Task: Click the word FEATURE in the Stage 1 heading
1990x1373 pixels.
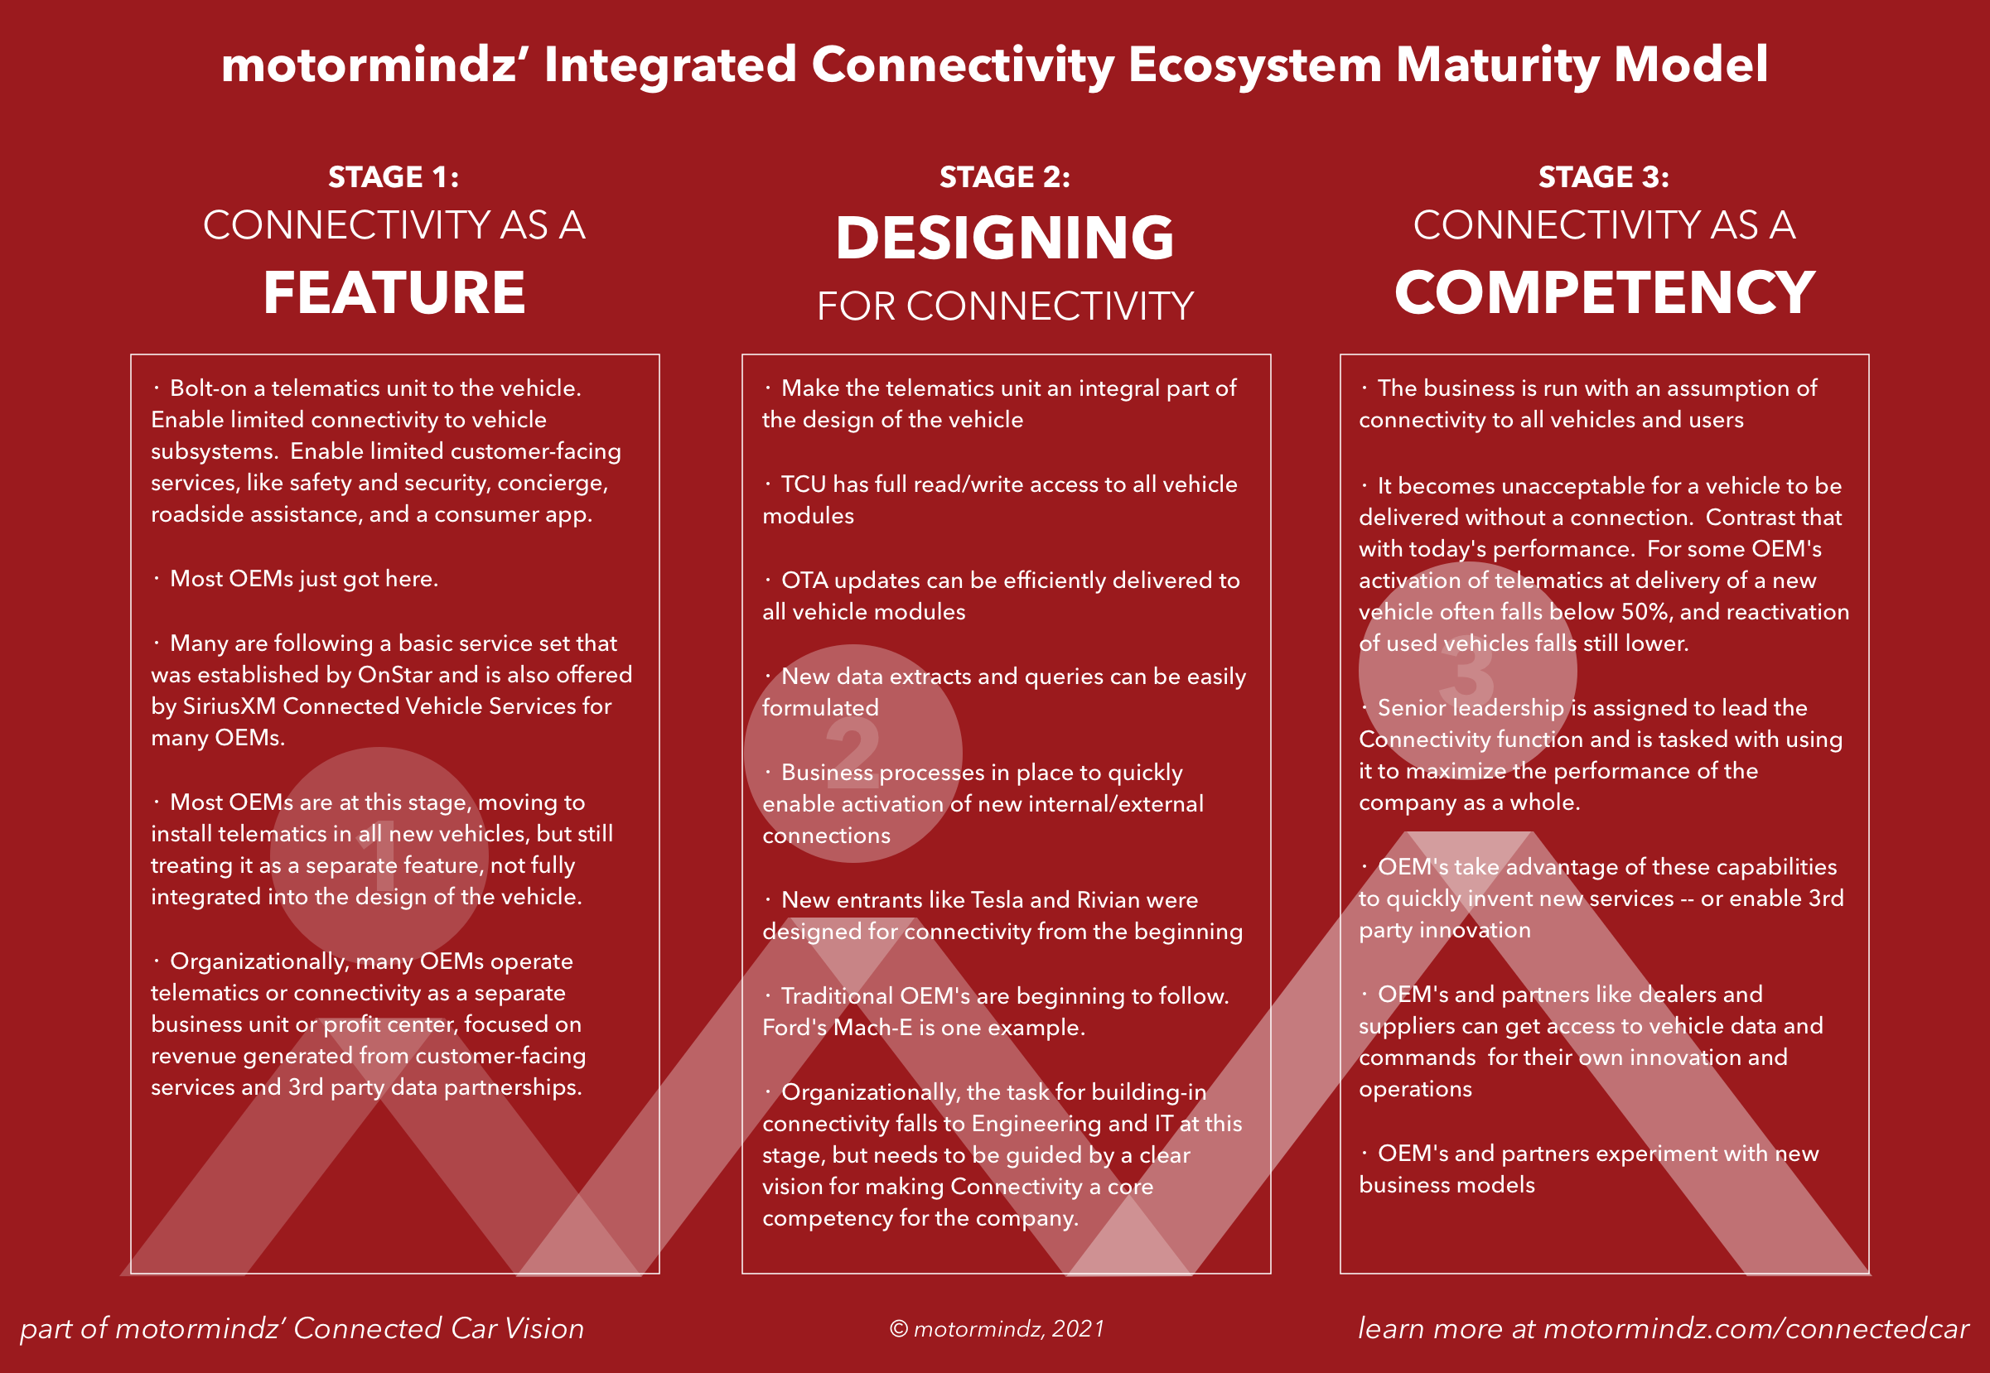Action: tap(394, 292)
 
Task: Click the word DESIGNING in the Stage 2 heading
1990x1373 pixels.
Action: tap(1004, 238)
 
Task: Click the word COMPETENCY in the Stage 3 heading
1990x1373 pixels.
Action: tap(1604, 292)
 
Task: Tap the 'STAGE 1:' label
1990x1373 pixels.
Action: tap(394, 177)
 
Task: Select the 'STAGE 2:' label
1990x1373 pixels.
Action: tap(1004, 177)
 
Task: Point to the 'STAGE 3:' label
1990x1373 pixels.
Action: tap(1604, 177)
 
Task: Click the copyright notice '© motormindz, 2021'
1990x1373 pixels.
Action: tap(997, 1329)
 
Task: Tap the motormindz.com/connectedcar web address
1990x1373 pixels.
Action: tap(1756, 1328)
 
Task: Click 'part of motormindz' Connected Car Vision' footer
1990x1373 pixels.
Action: tap(302, 1328)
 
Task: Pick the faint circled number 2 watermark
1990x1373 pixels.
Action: tap(853, 753)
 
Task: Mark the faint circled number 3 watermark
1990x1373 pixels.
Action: tap(1466, 671)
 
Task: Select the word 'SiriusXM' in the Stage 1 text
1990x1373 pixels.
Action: tap(229, 706)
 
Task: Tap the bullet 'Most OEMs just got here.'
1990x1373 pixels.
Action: tap(304, 579)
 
